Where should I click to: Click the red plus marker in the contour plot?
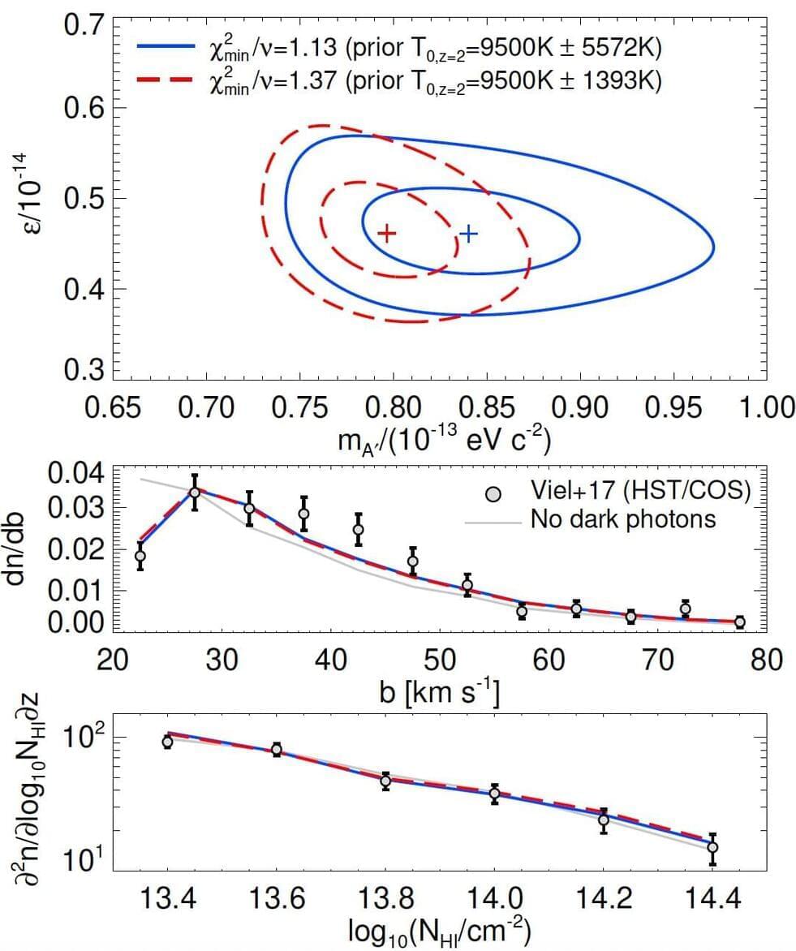coord(387,234)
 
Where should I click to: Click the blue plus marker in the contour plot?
coord(469,234)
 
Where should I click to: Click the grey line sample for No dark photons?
coord(493,521)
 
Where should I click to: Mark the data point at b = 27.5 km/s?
coord(195,493)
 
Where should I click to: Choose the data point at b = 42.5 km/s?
coord(358,529)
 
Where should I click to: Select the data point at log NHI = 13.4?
coord(167,742)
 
